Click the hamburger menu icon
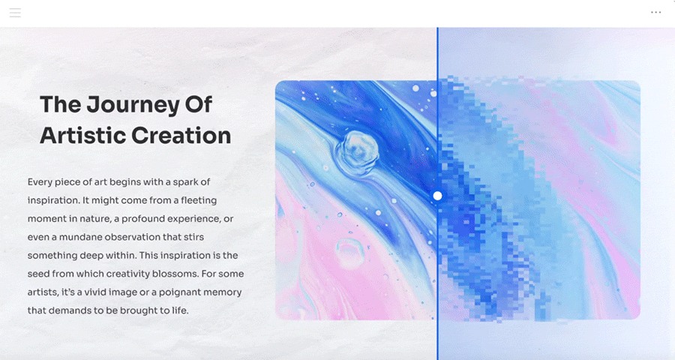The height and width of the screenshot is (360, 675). [x=15, y=13]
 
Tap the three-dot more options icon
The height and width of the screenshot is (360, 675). [x=655, y=13]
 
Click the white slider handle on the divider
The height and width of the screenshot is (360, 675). [x=437, y=196]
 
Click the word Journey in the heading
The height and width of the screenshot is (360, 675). [x=133, y=106]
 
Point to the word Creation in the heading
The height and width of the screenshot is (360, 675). [x=181, y=135]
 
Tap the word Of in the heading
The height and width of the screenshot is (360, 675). [x=199, y=105]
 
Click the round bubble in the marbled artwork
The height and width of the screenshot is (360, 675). [x=356, y=152]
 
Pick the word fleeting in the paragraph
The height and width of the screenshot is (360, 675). [x=199, y=200]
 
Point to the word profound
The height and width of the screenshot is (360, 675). [x=142, y=219]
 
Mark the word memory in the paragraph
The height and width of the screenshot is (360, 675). [x=223, y=292]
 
